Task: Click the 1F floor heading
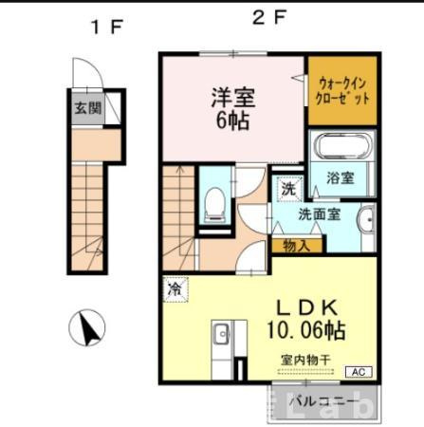(107, 27)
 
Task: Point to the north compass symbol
(87, 328)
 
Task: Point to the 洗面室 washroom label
(319, 214)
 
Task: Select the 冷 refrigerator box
(175, 285)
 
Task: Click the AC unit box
(359, 372)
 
